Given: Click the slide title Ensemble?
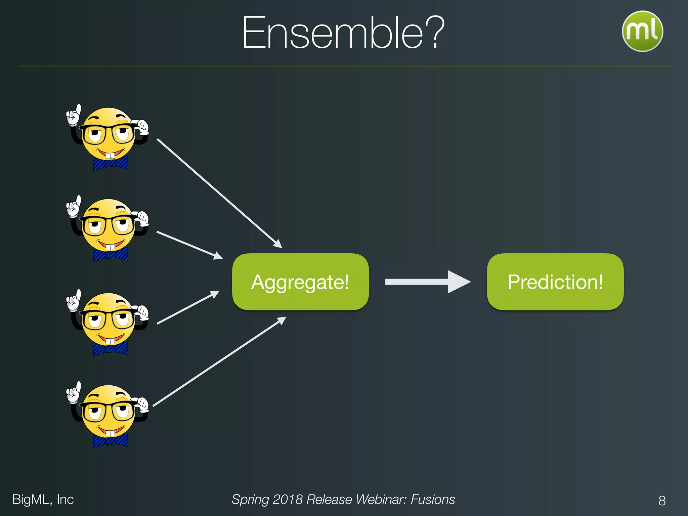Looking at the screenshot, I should point(343,33).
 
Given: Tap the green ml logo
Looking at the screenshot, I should point(642,31).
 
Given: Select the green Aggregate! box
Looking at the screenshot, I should point(300,282).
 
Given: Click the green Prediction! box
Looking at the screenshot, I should point(555,282).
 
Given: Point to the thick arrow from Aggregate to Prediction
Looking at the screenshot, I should point(427,282).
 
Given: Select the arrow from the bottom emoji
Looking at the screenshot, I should point(218,362).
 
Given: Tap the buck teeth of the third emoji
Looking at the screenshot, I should point(110,341).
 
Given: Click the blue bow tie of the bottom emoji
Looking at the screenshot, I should point(110,440).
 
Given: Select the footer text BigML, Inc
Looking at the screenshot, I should point(43,500).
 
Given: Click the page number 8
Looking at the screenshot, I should point(662,501).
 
